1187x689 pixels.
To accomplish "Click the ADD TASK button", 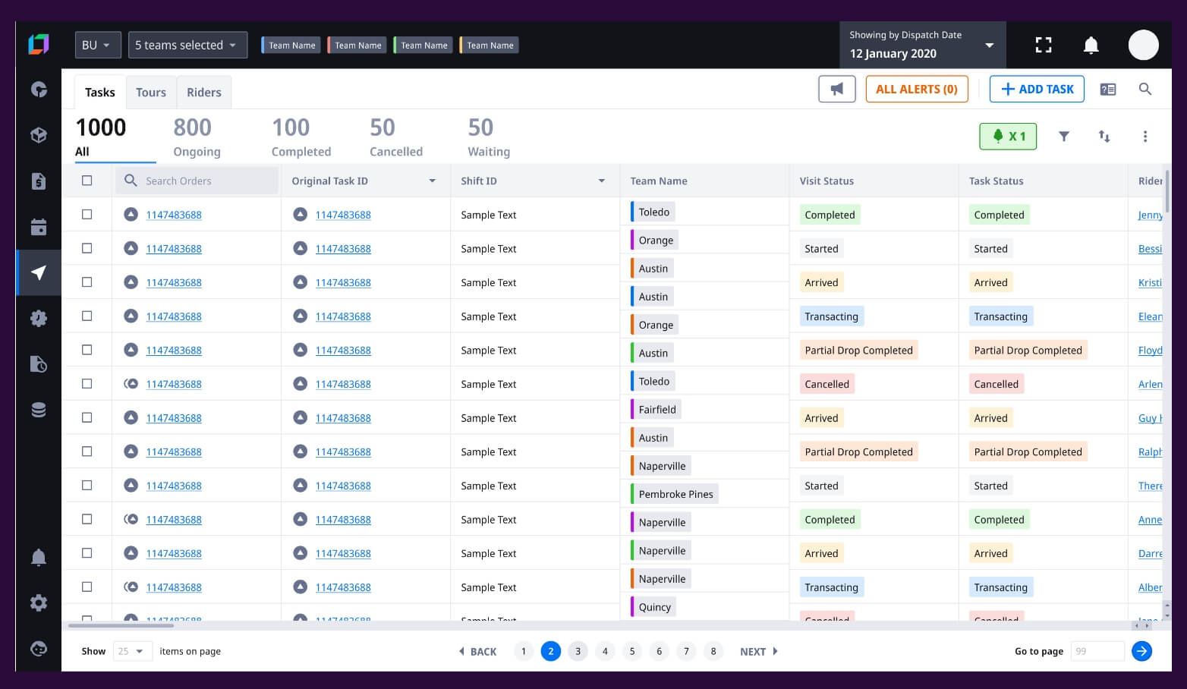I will click(x=1037, y=90).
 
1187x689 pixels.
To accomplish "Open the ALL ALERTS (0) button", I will click(x=916, y=90).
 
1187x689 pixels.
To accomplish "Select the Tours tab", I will click(x=151, y=93).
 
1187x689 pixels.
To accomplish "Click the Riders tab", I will click(x=204, y=93).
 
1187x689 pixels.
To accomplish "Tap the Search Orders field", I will click(x=197, y=181).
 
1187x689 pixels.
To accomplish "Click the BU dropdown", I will click(x=97, y=46).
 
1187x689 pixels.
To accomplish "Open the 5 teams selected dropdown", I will click(x=187, y=46).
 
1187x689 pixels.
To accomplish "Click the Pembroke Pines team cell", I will click(x=675, y=494).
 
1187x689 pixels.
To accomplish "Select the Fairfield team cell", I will click(x=656, y=410).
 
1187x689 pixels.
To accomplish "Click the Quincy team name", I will click(x=654, y=607).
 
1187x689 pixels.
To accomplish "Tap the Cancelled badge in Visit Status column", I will click(x=826, y=384).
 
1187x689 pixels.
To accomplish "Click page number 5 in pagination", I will click(x=632, y=651).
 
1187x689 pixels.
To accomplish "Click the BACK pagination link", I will click(x=478, y=651).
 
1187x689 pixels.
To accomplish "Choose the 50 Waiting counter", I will click(x=489, y=137).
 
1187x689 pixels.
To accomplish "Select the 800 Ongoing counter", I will click(x=197, y=137).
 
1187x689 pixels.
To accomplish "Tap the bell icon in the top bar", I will click(x=1091, y=46).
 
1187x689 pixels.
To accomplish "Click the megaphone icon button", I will click(x=836, y=90).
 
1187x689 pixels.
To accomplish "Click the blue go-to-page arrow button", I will click(x=1141, y=651).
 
